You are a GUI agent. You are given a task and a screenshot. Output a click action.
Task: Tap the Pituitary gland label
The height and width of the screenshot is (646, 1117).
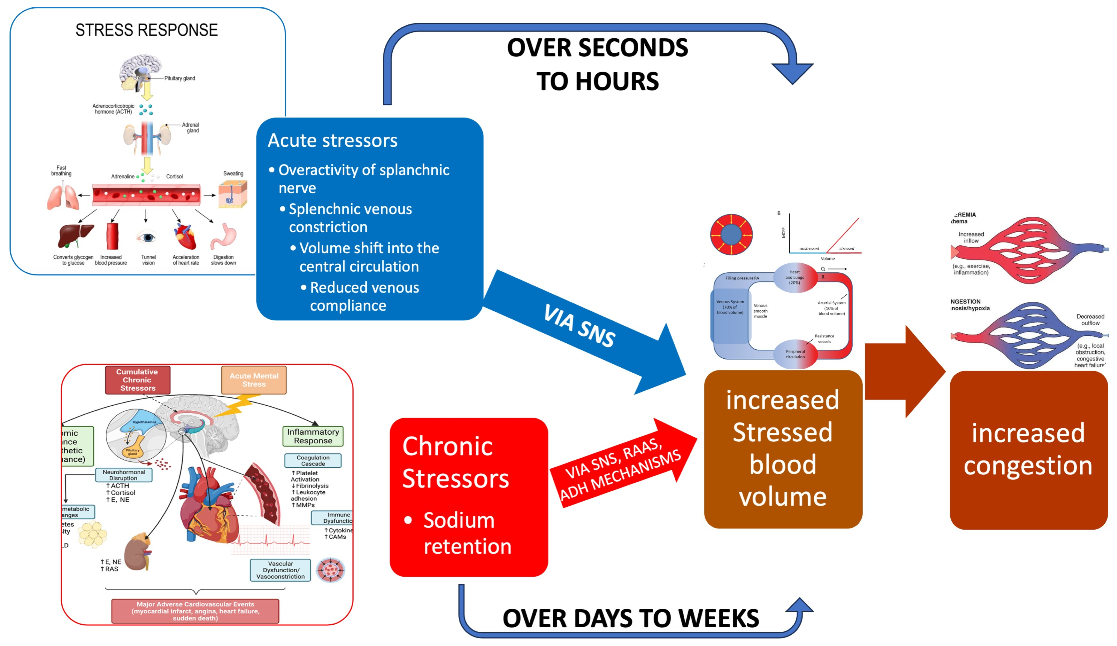pyautogui.click(x=180, y=79)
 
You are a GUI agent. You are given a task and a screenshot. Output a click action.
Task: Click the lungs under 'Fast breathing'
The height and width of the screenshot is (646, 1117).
pyautogui.click(x=62, y=197)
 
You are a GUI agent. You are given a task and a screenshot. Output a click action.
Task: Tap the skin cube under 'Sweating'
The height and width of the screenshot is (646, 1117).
pyautogui.click(x=233, y=194)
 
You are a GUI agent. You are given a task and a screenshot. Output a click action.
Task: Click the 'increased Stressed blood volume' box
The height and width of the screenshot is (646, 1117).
pyautogui.click(x=783, y=449)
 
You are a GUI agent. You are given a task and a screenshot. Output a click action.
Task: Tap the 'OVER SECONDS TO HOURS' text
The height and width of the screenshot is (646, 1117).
pyautogui.click(x=597, y=64)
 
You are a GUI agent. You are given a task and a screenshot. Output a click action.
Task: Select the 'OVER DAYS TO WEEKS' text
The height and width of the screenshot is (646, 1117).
pyautogui.click(x=630, y=618)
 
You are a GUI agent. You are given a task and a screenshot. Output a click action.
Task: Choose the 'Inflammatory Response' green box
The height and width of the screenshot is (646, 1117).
pyautogui.click(x=313, y=436)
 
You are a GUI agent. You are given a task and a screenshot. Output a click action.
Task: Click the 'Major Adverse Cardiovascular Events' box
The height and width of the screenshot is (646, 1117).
pyautogui.click(x=195, y=611)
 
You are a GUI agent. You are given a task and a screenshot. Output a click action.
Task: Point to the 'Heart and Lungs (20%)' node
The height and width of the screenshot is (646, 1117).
pyautogui.click(x=795, y=277)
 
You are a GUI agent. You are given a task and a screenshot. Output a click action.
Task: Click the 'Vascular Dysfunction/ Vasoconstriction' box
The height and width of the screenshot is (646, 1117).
pyautogui.click(x=280, y=570)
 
